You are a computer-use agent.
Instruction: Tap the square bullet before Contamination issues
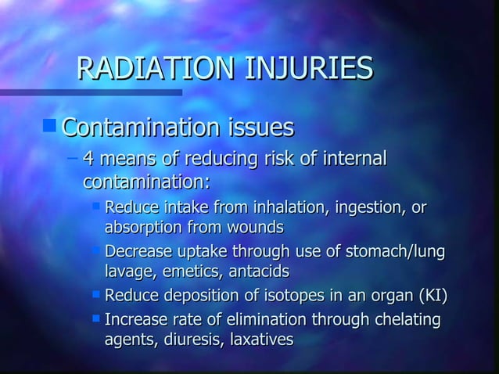(51, 124)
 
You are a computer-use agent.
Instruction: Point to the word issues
(259, 126)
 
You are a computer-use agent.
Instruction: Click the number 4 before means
(88, 160)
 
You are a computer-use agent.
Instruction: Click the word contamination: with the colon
(146, 182)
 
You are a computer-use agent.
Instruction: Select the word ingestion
(368, 209)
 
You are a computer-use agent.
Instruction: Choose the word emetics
(192, 272)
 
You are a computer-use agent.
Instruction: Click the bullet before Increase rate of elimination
(95, 318)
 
